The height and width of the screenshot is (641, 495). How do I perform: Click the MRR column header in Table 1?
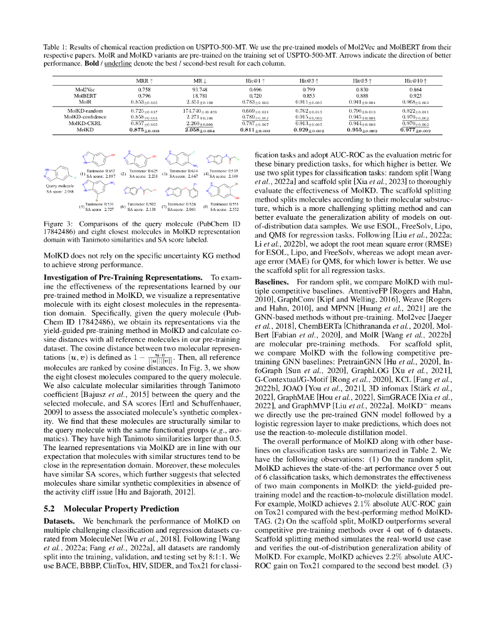tap(142, 81)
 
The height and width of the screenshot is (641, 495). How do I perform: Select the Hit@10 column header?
tap(414, 81)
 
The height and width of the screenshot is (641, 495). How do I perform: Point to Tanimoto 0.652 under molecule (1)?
tap(100, 170)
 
